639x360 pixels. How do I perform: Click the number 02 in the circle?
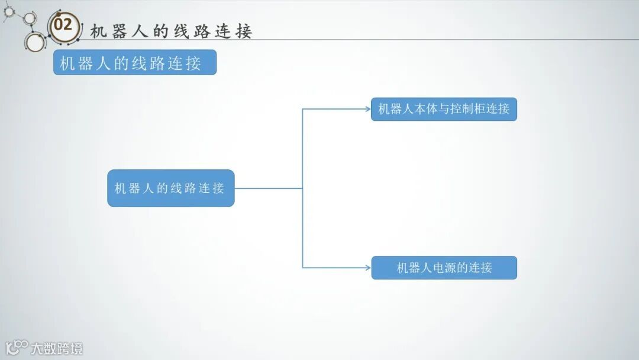click(63, 25)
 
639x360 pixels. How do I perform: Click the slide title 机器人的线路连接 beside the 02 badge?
click(171, 31)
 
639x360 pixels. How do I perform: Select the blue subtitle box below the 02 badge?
click(135, 62)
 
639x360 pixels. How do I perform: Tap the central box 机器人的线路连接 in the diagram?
click(170, 188)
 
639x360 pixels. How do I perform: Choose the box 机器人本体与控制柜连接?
click(444, 109)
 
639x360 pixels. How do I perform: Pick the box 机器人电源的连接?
click(444, 268)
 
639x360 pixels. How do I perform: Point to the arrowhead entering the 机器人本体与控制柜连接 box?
click(367, 109)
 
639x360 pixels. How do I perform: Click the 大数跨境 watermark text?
click(57, 348)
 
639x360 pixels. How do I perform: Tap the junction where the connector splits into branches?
click(302, 188)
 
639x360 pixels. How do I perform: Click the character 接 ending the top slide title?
click(244, 31)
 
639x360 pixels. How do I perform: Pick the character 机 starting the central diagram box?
click(120, 188)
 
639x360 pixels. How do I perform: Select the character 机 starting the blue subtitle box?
click(67, 63)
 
